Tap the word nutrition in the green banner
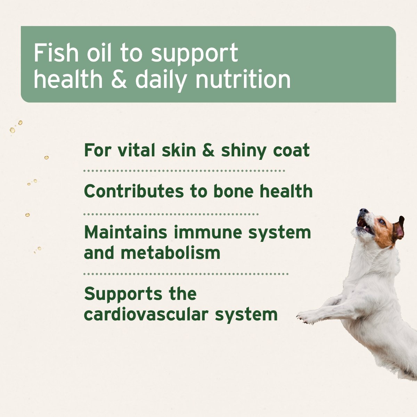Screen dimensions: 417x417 tap(243, 79)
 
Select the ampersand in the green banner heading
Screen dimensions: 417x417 tap(119, 79)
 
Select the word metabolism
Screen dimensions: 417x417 tap(171, 253)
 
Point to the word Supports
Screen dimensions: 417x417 tap(123, 294)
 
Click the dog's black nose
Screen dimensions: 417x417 tap(363, 211)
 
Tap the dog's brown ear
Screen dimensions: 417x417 tap(399, 229)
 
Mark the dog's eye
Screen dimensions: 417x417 tap(382, 221)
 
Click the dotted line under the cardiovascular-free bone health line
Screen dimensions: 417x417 tap(171, 214)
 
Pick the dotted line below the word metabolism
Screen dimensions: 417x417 tap(186, 274)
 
